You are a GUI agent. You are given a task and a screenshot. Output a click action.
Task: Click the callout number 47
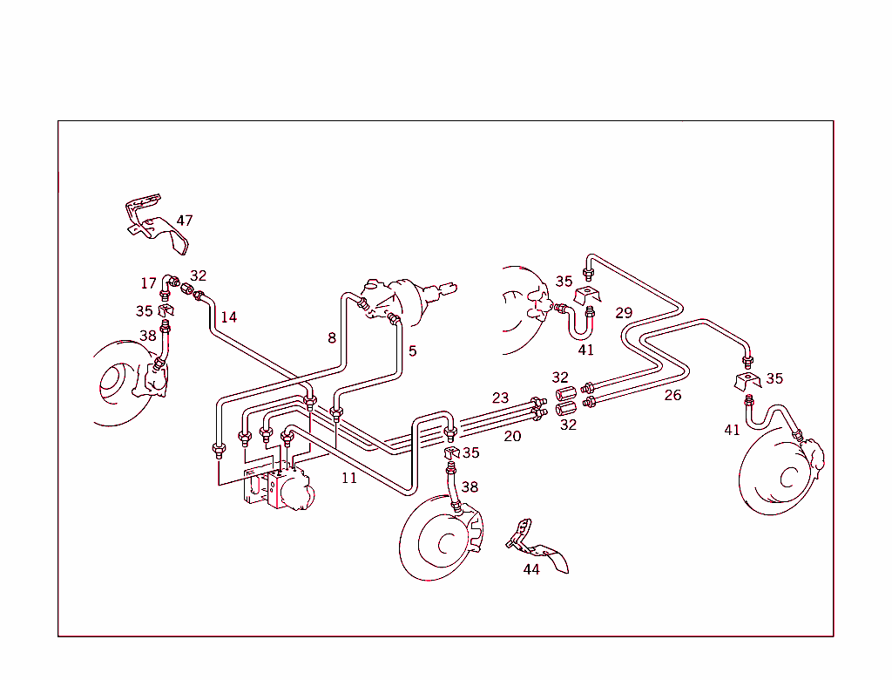pos(184,221)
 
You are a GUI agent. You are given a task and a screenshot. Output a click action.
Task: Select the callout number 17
pos(149,283)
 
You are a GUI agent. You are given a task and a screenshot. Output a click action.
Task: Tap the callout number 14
pos(228,317)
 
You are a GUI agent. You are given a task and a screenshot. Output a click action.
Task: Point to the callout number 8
pos(332,338)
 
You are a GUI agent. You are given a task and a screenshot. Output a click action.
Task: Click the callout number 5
pos(412,351)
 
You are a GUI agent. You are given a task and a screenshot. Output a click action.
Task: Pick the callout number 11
pos(348,478)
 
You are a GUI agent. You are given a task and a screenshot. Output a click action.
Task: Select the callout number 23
pos(500,398)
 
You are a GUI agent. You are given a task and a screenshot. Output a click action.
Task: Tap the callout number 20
pos(512,436)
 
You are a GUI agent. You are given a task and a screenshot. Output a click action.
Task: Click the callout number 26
pos(672,395)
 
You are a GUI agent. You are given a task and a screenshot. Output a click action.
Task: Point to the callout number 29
pos(624,313)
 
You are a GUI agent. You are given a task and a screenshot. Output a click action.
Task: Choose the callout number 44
pos(531,569)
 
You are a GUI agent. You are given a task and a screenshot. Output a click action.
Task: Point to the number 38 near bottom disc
pos(470,487)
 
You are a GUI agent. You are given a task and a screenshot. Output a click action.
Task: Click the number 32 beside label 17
pos(199,276)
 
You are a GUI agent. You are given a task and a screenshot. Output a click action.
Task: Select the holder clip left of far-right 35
pos(747,381)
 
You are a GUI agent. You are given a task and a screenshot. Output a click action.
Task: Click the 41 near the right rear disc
pos(733,430)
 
